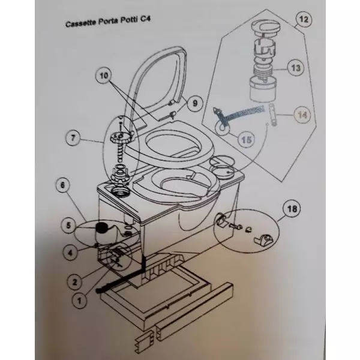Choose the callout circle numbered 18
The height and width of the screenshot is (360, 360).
pos(291,210)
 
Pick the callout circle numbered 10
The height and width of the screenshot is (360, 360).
pos(103,76)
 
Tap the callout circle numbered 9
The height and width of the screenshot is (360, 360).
pos(193,103)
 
